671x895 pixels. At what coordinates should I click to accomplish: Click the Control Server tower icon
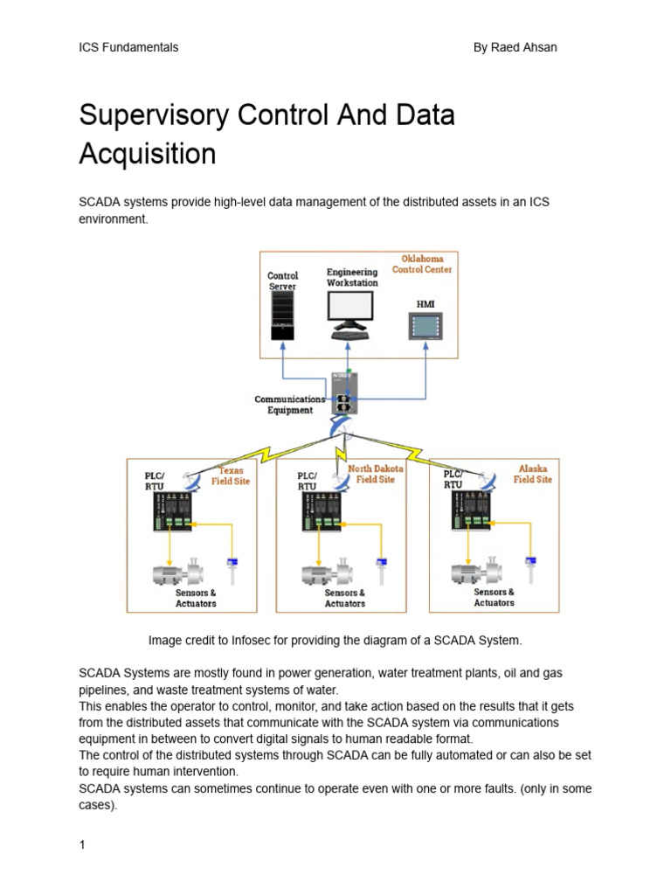pos(282,316)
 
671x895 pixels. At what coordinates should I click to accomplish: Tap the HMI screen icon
pos(425,325)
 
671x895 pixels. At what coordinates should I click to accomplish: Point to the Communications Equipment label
pos(289,405)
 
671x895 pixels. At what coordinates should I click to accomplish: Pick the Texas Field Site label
pos(231,475)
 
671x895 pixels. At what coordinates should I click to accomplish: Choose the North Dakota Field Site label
pos(376,474)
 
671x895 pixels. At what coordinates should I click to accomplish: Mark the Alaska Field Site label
pos(532,474)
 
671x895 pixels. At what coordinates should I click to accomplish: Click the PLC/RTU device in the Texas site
pos(173,512)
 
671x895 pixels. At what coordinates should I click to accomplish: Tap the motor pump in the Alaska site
pos(474,572)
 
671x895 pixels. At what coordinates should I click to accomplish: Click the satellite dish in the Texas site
pos(191,480)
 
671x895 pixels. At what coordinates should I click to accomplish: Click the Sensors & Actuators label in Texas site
pos(196,598)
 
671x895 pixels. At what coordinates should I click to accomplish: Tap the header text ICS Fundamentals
pos(128,47)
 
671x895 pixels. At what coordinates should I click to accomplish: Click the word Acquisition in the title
pos(147,154)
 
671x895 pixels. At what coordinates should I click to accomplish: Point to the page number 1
pos(82,845)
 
